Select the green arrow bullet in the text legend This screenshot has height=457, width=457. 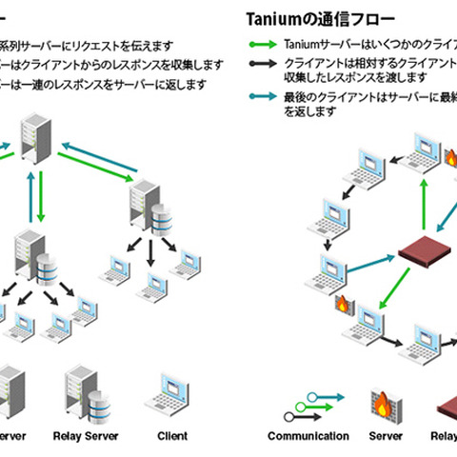(263, 44)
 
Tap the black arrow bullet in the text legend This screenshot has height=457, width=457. (263, 61)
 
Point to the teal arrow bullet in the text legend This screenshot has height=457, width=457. (263, 97)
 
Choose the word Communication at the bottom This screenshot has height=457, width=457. (307, 436)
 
